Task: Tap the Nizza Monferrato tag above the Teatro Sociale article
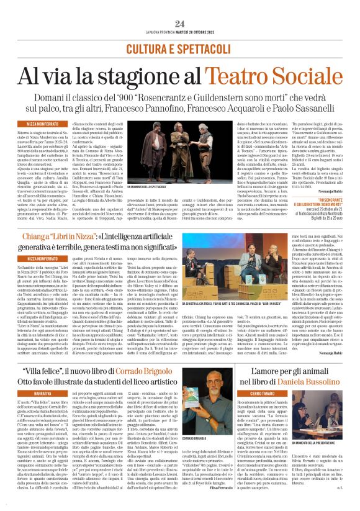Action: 44,122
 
